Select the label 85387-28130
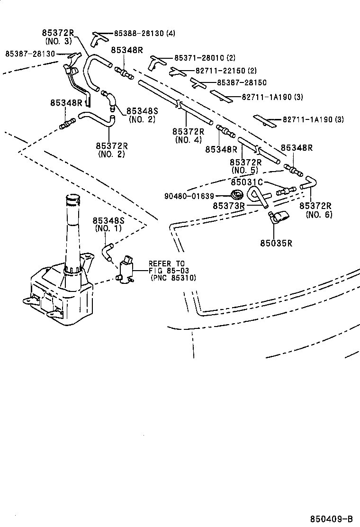30,54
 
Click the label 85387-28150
242,82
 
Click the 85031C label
247,182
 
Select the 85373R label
228,206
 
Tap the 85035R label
276,243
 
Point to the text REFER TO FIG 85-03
169,267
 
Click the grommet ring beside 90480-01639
235,194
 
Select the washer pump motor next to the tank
126,270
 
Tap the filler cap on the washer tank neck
72,199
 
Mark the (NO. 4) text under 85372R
188,140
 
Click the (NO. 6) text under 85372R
319,214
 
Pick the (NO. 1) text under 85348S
108,228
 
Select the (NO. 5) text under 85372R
245,170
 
